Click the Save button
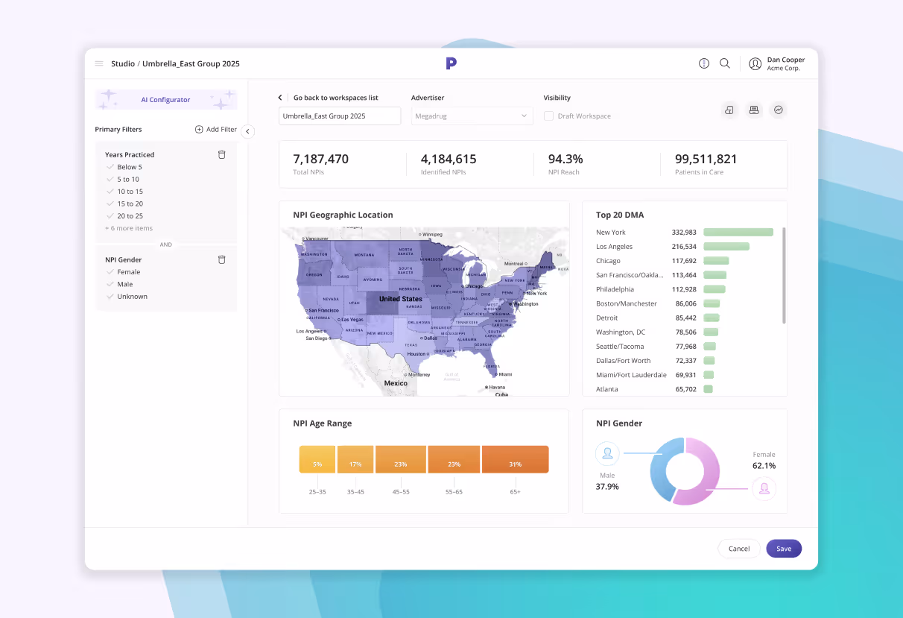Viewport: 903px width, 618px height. [x=784, y=549]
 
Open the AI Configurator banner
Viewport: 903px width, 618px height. [x=165, y=100]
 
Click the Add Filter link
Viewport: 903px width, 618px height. [x=216, y=130]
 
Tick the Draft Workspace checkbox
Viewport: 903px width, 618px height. [x=549, y=116]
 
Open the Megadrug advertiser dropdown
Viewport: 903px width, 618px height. [x=472, y=116]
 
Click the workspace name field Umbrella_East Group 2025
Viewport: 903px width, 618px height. [x=339, y=116]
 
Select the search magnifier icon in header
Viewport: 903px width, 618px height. [x=725, y=64]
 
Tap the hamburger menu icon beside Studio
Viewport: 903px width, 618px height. [x=99, y=64]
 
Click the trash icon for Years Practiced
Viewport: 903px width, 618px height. [x=221, y=155]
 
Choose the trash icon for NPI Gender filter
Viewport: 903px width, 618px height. [x=221, y=260]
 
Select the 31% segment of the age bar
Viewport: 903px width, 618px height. [x=515, y=459]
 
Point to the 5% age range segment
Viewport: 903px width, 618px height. [x=317, y=459]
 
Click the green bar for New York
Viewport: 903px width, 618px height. [x=738, y=233]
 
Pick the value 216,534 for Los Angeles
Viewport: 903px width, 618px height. [x=684, y=247]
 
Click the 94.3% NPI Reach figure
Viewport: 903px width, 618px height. [x=565, y=160]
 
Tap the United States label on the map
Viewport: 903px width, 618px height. [x=400, y=299]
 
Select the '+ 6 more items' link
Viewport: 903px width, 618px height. [x=129, y=228]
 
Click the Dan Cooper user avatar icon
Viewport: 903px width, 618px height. [x=755, y=64]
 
